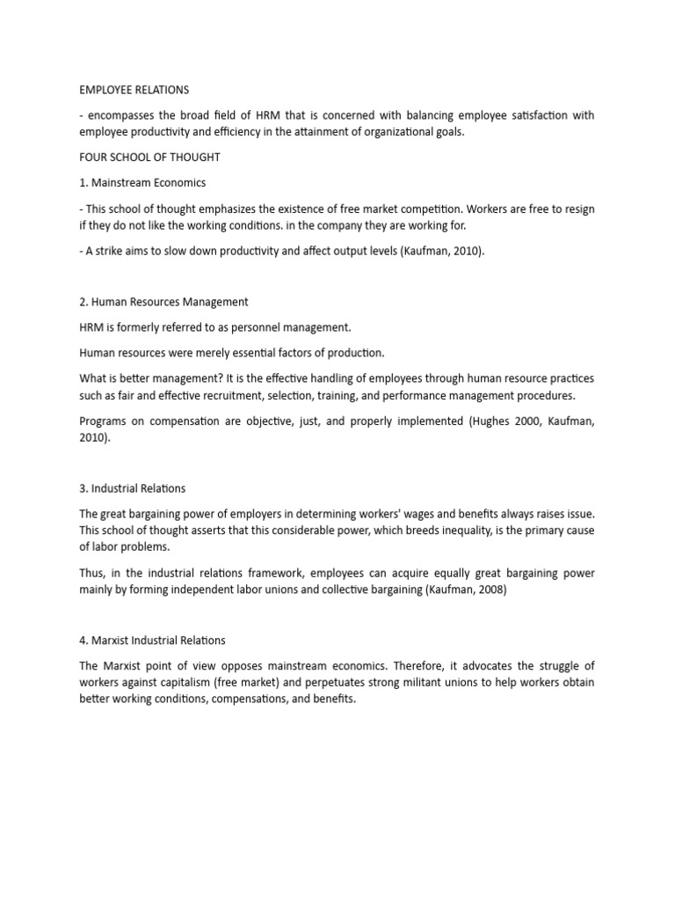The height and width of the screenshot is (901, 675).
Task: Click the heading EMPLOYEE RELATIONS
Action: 134,90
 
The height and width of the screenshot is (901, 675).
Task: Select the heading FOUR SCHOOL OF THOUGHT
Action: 149,158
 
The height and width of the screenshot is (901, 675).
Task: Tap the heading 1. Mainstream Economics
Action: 142,182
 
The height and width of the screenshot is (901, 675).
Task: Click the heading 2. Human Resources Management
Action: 163,302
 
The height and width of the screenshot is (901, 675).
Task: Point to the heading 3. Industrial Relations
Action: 132,488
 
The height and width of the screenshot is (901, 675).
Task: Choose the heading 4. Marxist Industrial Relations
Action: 153,641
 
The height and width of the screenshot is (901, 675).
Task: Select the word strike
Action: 112,251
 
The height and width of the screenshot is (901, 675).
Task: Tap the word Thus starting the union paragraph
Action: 93,573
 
